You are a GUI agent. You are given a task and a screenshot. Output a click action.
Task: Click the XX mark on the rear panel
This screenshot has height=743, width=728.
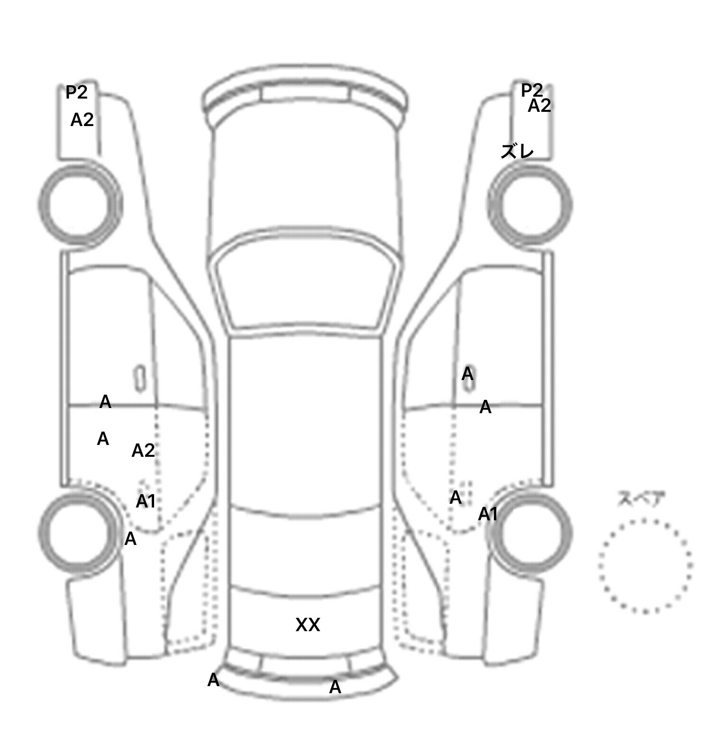click(308, 625)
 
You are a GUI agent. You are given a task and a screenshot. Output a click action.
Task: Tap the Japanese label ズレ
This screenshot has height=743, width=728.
click(517, 152)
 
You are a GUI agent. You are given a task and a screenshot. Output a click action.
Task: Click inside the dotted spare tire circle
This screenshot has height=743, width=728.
click(645, 566)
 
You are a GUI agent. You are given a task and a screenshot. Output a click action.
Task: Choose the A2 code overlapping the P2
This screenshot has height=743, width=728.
click(540, 106)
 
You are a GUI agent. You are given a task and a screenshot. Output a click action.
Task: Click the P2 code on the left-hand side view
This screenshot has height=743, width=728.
click(76, 92)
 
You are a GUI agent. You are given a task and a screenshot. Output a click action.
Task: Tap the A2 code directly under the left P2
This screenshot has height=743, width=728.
click(82, 120)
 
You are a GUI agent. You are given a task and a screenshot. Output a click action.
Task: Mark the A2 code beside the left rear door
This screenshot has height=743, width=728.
click(143, 450)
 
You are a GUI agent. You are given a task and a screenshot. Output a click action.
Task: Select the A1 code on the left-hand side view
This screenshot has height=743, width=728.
click(146, 501)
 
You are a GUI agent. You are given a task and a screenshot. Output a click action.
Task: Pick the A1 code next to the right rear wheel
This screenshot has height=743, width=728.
click(488, 514)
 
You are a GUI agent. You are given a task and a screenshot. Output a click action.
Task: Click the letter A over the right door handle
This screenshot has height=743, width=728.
click(467, 374)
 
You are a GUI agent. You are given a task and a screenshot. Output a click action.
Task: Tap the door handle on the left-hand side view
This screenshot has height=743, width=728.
click(140, 379)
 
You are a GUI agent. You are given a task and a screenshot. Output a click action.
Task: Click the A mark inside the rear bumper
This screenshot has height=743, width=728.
click(335, 687)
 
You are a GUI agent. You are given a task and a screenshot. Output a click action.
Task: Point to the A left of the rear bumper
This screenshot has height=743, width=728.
click(213, 680)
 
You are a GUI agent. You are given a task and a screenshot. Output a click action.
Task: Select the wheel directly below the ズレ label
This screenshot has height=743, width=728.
click(529, 205)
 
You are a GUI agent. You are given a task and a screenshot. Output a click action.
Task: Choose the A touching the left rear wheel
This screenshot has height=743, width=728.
click(130, 539)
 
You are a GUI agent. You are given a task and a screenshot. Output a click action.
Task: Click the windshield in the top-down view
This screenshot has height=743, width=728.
click(306, 283)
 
